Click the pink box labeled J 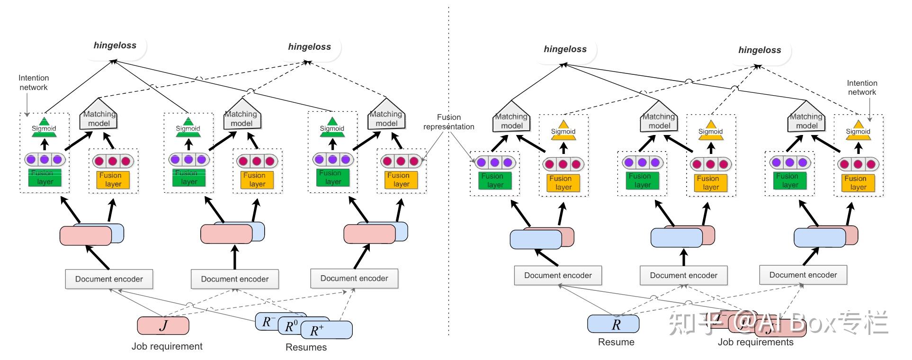(x=163, y=325)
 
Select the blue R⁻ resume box (x=266, y=321)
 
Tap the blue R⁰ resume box (x=291, y=326)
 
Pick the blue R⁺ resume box (x=327, y=330)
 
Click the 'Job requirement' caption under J (x=167, y=346)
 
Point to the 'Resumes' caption (x=306, y=347)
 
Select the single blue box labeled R (x=613, y=324)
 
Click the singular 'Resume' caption (x=616, y=342)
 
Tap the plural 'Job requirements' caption (x=755, y=342)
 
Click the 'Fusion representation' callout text (x=448, y=122)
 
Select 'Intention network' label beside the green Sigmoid (x=33, y=82)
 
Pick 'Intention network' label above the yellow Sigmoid (x=862, y=88)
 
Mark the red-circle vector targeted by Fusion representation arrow (x=400, y=161)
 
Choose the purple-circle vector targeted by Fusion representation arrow (x=495, y=162)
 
